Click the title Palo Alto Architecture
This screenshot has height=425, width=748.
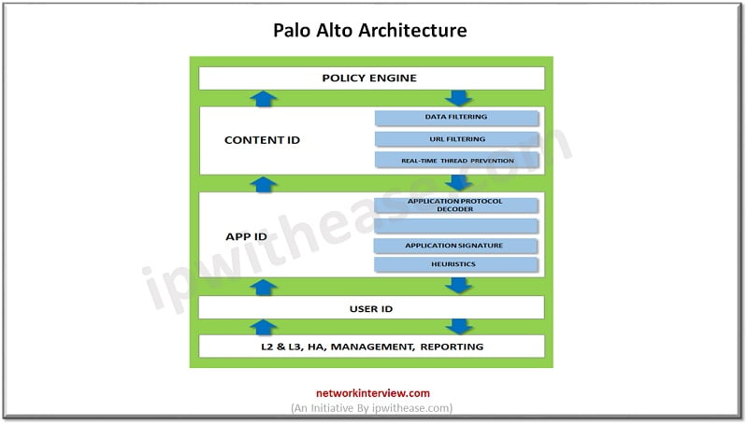click(369, 31)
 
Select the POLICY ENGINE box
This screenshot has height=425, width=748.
click(371, 78)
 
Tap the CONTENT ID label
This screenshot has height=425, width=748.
click(262, 140)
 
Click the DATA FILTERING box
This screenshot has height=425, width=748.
click(456, 118)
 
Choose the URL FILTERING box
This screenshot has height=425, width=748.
click(456, 139)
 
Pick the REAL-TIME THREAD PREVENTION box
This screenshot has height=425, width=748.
click(456, 160)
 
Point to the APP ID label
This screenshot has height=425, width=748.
click(247, 236)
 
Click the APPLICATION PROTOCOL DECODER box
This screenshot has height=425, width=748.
click(455, 205)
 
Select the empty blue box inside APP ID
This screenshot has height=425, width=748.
click(455, 226)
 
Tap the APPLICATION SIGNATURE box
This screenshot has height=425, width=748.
click(455, 246)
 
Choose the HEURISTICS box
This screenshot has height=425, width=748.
click(455, 265)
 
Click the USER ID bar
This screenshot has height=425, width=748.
click(371, 307)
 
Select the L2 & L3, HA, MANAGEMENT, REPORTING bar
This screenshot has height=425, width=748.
click(371, 347)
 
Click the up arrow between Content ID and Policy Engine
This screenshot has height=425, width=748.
click(265, 98)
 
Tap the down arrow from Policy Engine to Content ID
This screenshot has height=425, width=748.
click(459, 98)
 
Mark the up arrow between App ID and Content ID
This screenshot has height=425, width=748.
click(265, 184)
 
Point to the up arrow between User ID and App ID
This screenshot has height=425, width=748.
click(265, 286)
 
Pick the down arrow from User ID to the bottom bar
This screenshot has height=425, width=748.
click(459, 327)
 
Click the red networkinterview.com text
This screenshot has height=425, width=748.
click(371, 394)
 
